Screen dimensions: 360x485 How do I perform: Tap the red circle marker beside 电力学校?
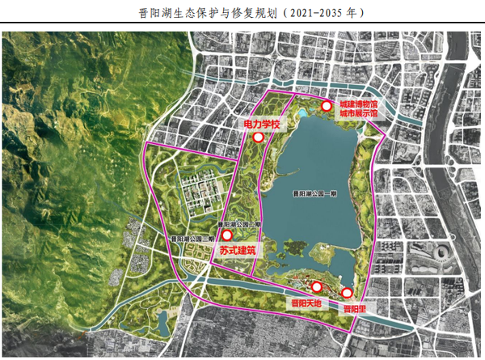(x=258, y=138)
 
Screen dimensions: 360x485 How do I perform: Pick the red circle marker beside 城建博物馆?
(x=327, y=106)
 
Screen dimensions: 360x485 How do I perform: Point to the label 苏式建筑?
(x=236, y=250)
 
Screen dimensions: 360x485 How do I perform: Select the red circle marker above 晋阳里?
(x=348, y=293)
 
